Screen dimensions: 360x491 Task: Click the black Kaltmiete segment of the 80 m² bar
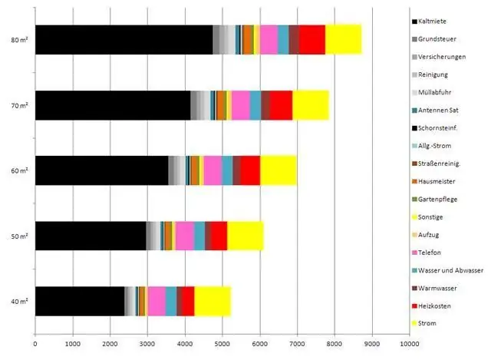[x=123, y=39]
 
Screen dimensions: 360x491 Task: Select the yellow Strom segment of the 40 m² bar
[x=213, y=300]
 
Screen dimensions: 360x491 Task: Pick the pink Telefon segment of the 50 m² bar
[x=184, y=235]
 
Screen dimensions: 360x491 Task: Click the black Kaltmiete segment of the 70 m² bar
[x=112, y=104]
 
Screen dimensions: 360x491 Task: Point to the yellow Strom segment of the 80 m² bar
[x=343, y=39]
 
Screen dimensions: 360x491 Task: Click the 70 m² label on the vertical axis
[x=20, y=104]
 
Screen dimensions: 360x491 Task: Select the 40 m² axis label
[x=20, y=300]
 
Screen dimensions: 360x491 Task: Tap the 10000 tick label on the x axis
[x=409, y=346]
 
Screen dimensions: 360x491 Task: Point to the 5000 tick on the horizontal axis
[x=222, y=346]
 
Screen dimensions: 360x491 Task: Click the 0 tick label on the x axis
[x=35, y=346]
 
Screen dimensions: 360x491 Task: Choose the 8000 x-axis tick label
[x=334, y=346]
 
